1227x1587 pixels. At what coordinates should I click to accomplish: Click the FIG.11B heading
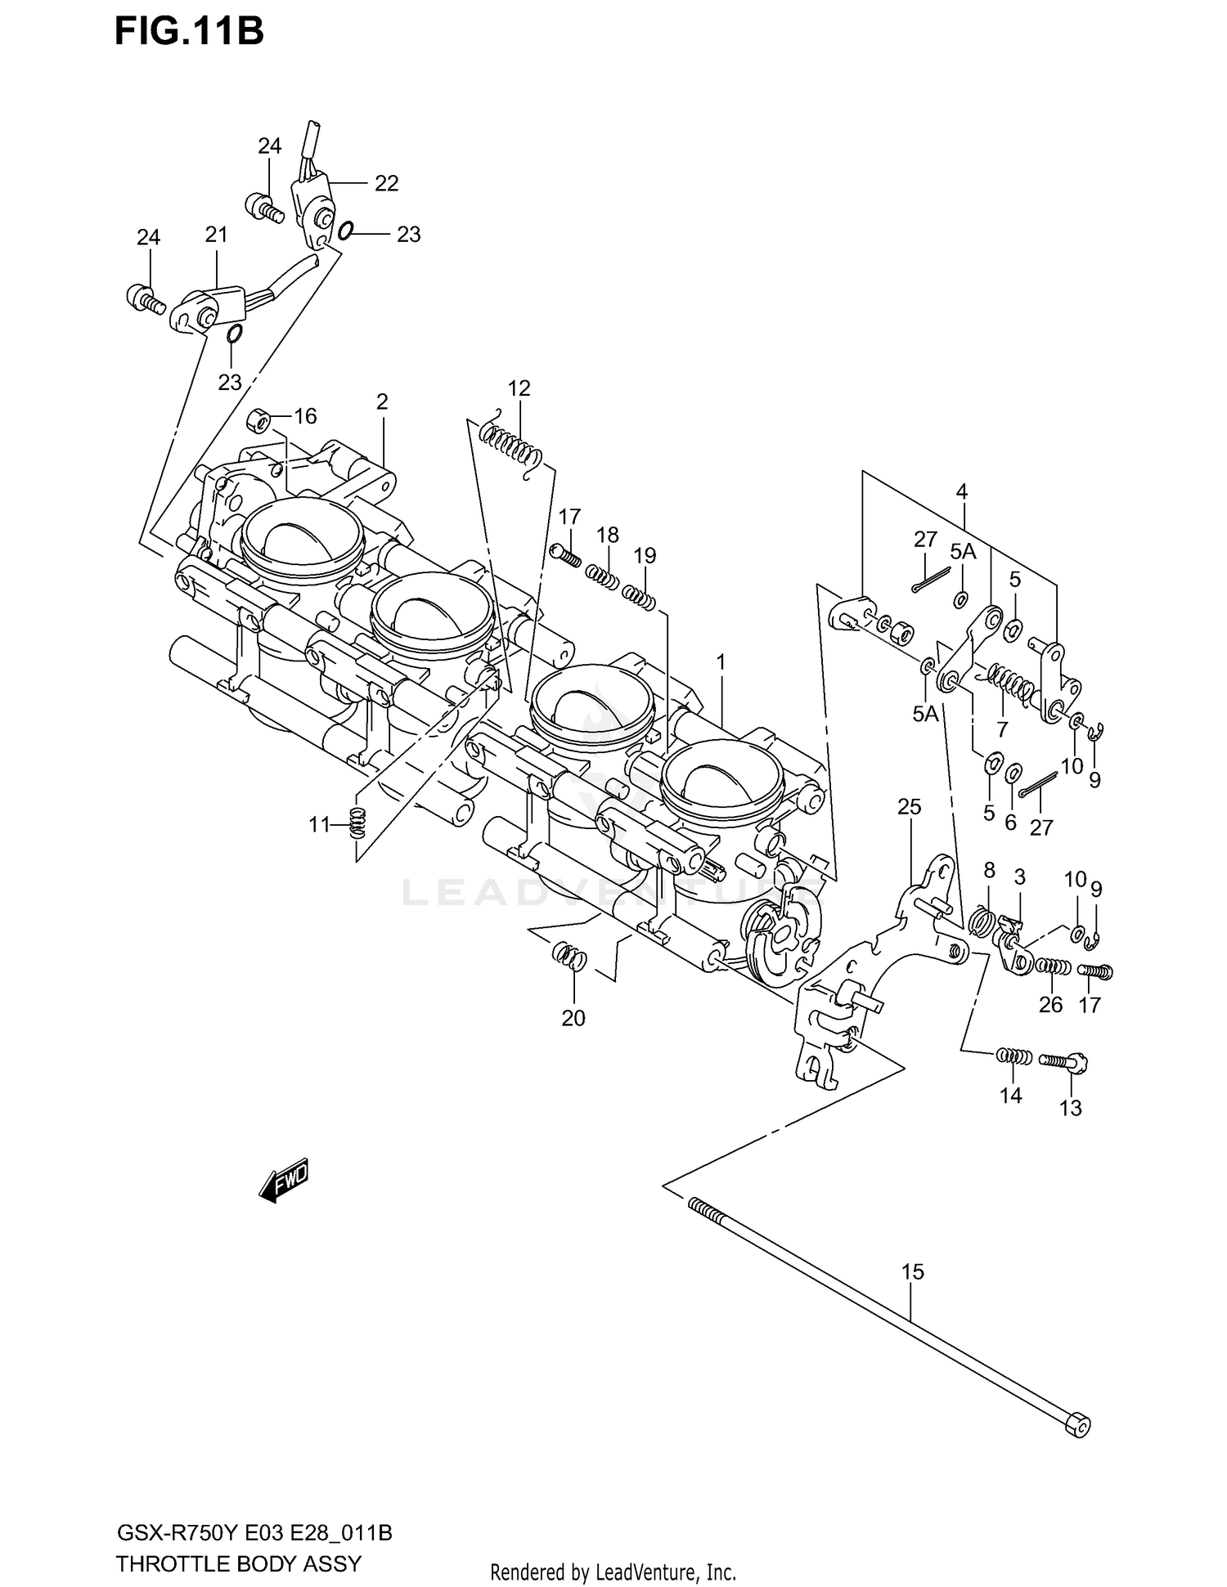(189, 31)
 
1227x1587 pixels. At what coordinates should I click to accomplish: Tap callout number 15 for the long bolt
(912, 1271)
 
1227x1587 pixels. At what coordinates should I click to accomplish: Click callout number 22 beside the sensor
(386, 183)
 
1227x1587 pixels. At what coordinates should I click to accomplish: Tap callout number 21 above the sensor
(216, 235)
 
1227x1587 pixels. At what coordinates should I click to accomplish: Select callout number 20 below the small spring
(573, 1018)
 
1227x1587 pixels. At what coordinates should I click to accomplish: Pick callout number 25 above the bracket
(909, 807)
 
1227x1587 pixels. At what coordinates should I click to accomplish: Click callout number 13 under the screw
(1070, 1108)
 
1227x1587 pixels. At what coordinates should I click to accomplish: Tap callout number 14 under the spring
(1011, 1096)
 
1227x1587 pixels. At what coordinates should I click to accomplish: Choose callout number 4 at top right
(961, 491)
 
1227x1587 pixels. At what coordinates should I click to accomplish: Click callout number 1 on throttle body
(721, 661)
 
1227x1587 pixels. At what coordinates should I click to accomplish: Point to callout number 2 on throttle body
(381, 401)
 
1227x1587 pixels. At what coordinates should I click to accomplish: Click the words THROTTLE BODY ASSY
(238, 1563)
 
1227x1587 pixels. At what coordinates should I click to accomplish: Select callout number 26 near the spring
(1050, 1004)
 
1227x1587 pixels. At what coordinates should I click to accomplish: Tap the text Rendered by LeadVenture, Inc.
(613, 1571)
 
